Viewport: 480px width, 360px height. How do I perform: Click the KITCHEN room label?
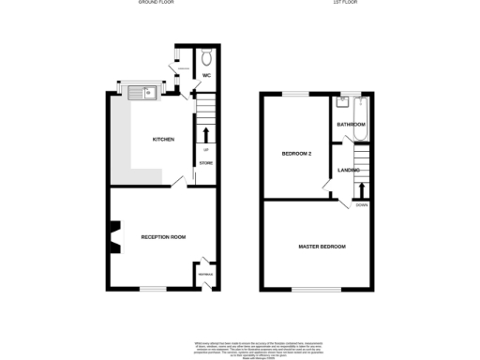[164, 140]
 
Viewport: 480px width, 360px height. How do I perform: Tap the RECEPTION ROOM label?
[163, 237]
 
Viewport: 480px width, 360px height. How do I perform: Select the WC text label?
[206, 75]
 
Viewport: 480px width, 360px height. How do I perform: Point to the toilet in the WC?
[206, 55]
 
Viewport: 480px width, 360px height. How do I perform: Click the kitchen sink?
[144, 92]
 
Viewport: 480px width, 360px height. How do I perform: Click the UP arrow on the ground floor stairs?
[206, 132]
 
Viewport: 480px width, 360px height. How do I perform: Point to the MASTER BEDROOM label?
[322, 247]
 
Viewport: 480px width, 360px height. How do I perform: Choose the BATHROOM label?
[352, 125]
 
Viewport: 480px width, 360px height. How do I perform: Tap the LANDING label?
[349, 170]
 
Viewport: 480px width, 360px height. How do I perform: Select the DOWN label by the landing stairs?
[361, 204]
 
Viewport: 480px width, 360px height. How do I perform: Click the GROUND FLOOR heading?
[156, 3]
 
